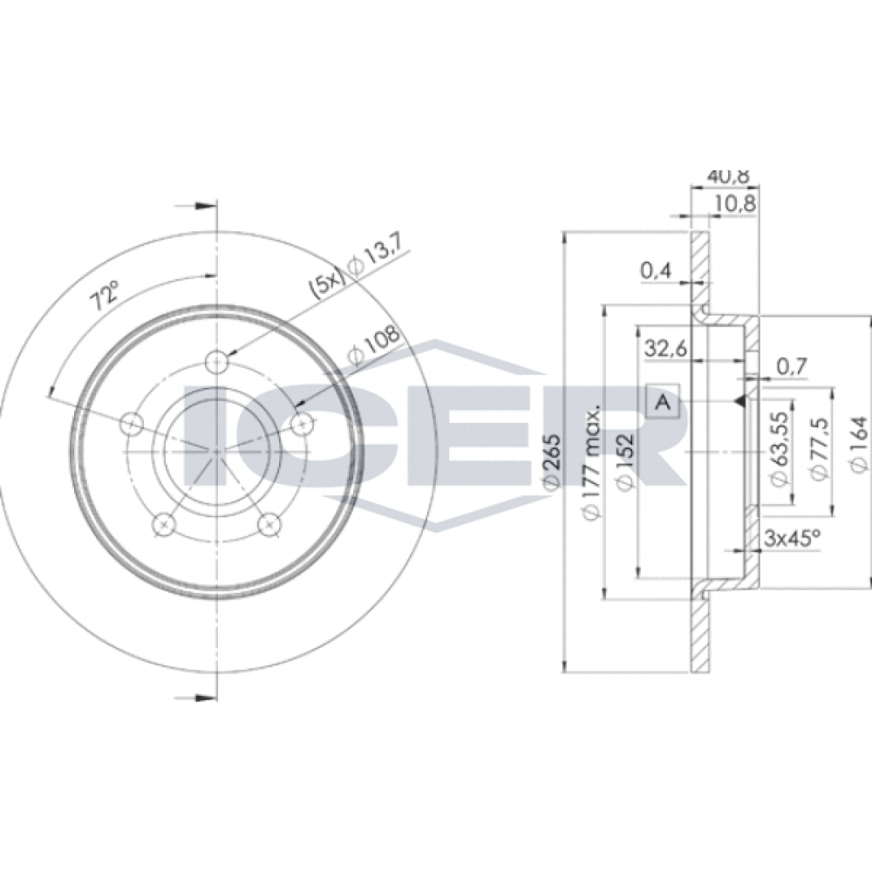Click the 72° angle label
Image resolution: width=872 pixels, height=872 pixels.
(106, 294)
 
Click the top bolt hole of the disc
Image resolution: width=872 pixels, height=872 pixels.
(217, 363)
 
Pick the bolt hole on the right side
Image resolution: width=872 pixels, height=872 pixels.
(303, 425)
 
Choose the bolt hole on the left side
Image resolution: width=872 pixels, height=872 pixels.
(132, 425)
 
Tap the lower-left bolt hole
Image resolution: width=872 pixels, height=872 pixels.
(164, 524)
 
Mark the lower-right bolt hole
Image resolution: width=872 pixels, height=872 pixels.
(269, 524)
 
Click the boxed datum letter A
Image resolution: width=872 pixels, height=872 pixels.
(663, 401)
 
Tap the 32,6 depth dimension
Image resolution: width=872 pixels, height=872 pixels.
(666, 349)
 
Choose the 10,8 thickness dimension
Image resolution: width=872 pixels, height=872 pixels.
(734, 204)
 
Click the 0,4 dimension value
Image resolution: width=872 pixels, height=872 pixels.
(657, 271)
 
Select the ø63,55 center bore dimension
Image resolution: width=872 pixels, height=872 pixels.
(780, 447)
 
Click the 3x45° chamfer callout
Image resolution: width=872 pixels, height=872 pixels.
(793, 537)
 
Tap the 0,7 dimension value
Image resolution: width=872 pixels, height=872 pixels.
(790, 366)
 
